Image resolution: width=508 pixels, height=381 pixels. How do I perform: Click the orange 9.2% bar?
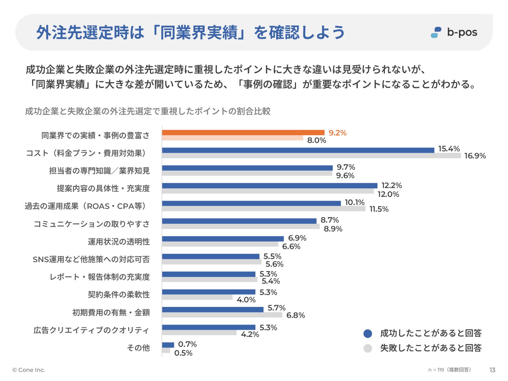(243, 133)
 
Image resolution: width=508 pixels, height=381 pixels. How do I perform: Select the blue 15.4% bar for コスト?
(298, 150)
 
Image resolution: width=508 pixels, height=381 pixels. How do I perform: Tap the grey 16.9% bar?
(312, 156)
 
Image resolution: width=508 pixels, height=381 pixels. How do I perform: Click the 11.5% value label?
(379, 209)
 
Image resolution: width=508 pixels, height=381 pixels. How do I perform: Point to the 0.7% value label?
(187, 344)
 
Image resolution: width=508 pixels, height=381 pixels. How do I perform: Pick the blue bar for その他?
(168, 345)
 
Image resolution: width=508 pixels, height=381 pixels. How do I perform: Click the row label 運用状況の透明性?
(119, 242)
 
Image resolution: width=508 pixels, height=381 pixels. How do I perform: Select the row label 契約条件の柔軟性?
(119, 295)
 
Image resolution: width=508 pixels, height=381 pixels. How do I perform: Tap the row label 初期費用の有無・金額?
(111, 313)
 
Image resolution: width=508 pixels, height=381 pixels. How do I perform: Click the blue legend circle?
(368, 333)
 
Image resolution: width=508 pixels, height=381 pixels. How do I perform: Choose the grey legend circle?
(368, 348)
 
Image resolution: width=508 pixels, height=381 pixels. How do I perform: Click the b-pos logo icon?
(436, 32)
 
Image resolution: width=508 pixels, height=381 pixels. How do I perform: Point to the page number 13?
(492, 370)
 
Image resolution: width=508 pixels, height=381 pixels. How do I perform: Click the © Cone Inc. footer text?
(29, 370)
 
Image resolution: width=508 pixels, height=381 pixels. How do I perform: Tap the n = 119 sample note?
(449, 370)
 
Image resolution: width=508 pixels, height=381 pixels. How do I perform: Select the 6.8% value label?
(296, 315)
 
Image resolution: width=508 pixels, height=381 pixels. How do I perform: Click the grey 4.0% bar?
(197, 297)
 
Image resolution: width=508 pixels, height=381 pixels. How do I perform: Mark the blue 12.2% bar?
(270, 186)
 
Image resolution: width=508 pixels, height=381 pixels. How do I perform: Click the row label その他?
(138, 348)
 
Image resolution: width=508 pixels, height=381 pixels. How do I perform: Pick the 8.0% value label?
(316, 140)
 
